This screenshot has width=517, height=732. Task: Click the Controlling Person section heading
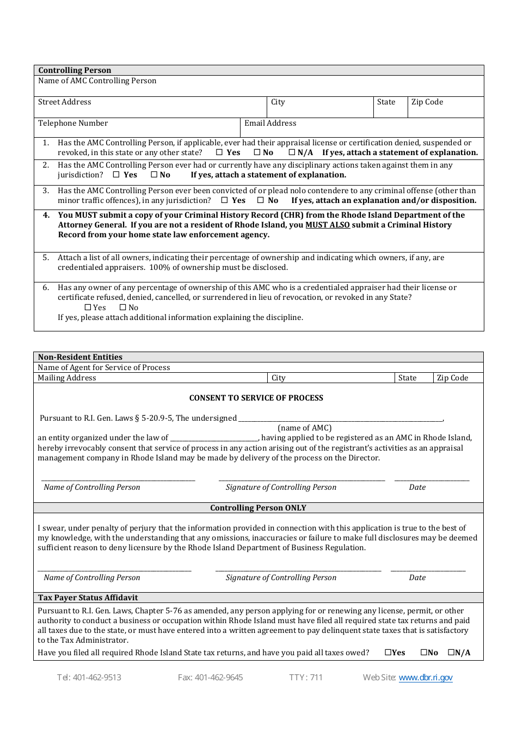75,70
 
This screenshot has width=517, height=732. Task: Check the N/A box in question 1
292,152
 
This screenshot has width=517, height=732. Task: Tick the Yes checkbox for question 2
116,175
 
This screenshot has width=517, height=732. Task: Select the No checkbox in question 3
261,200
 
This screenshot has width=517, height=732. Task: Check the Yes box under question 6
88,307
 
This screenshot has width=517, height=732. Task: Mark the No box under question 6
122,307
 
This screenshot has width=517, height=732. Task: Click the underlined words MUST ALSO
328,225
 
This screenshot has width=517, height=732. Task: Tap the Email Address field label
270,123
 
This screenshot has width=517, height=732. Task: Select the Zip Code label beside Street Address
427,102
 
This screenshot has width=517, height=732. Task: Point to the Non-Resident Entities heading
80,357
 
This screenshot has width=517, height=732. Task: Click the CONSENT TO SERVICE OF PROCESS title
256,398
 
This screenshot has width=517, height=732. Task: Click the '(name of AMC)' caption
305,428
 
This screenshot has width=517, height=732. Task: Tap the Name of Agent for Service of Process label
104,367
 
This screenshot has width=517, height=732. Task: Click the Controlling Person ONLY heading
258,508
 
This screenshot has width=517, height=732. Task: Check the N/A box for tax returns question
451,653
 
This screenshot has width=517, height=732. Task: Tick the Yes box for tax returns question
388,653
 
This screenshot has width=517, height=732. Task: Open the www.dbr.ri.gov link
426,678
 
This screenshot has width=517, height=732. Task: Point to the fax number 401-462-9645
211,678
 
